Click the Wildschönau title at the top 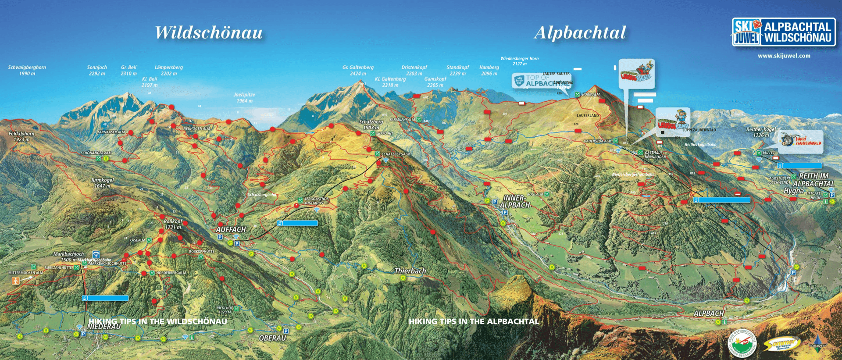209,33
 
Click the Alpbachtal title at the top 580,33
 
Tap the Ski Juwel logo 783,32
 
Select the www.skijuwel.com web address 784,56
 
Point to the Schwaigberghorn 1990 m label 27,70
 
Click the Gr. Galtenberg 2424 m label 358,70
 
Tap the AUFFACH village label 231,229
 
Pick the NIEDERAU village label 104,327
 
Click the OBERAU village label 272,338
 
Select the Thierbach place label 410,271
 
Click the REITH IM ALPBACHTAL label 813,180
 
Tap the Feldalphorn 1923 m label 21,136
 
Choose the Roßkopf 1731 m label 173,224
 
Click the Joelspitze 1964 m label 244,97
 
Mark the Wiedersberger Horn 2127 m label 519,61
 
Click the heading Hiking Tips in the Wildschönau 158,321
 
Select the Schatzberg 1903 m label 371,125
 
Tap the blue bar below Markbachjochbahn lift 105,298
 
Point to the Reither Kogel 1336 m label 761,132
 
